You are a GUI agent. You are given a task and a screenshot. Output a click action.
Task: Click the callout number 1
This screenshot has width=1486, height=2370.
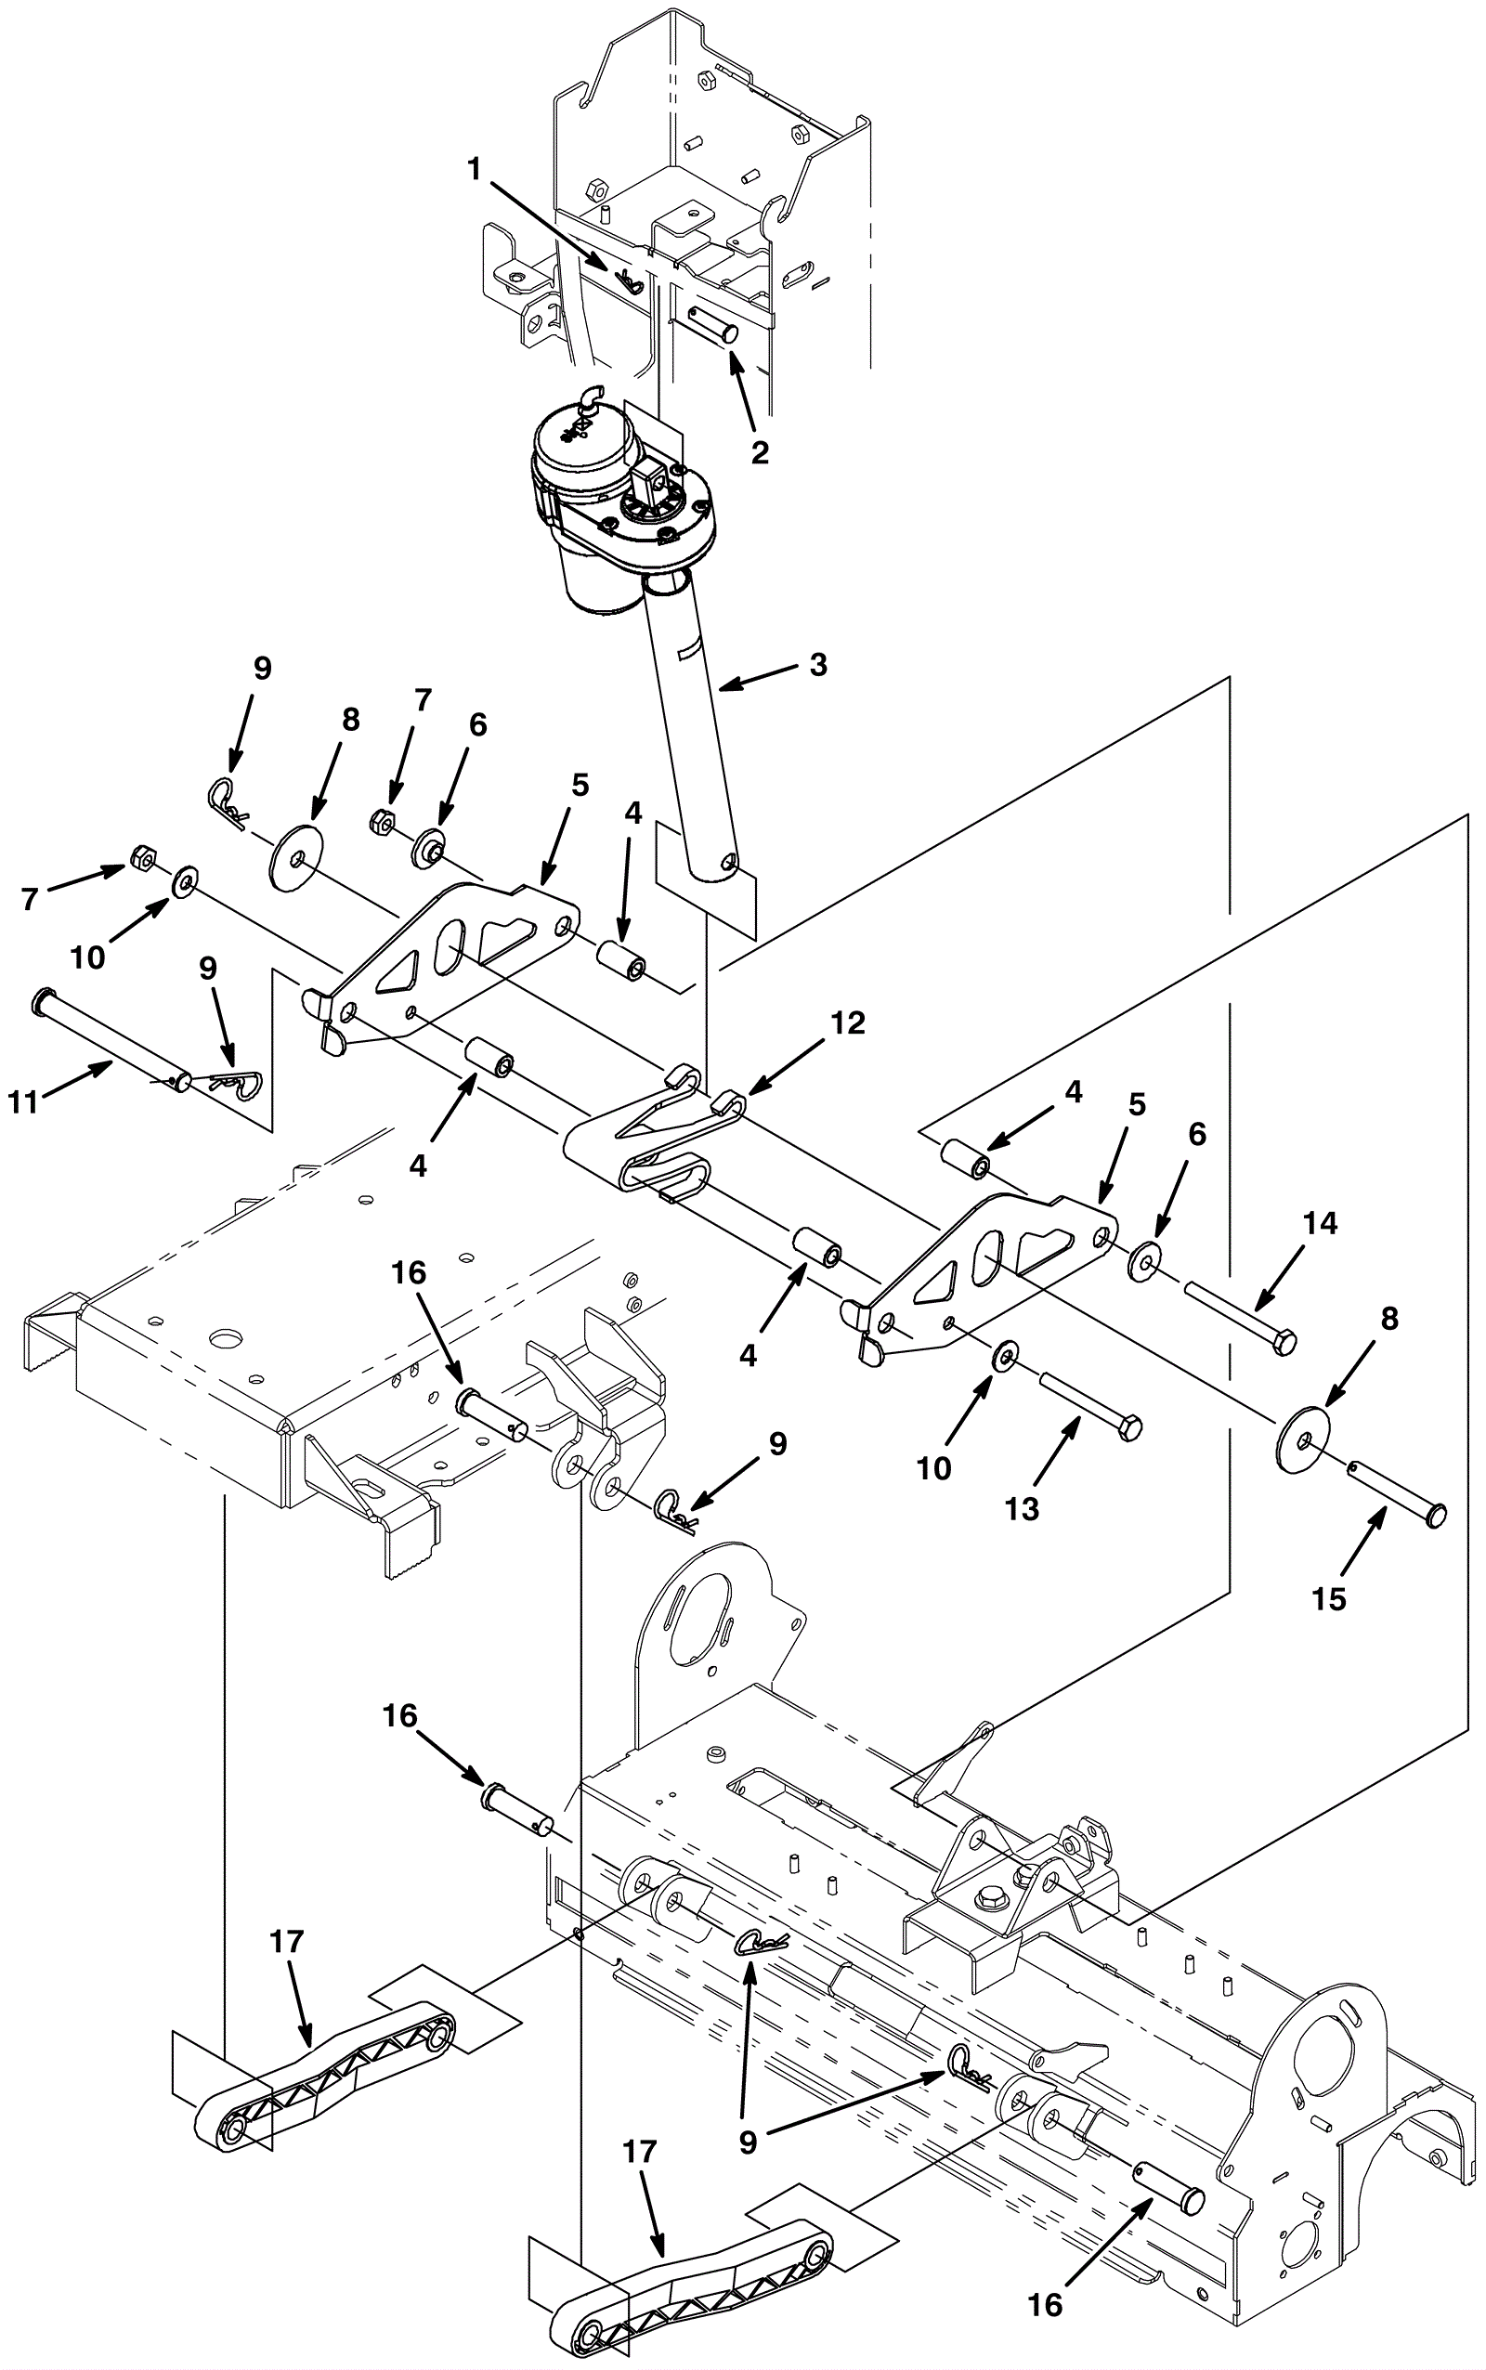tap(476, 170)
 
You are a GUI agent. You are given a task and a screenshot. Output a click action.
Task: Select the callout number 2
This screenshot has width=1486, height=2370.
tap(759, 452)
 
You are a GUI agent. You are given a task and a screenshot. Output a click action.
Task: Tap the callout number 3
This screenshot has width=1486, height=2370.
tap(817, 665)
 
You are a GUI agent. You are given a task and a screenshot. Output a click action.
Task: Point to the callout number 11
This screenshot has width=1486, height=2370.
tap(23, 1102)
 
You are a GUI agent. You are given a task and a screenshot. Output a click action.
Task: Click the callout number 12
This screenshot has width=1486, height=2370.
tap(848, 1022)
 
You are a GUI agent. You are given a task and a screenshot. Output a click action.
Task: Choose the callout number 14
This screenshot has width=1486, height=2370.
tap(1321, 1223)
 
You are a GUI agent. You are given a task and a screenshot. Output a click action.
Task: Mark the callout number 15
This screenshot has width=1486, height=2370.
tap(1329, 1598)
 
